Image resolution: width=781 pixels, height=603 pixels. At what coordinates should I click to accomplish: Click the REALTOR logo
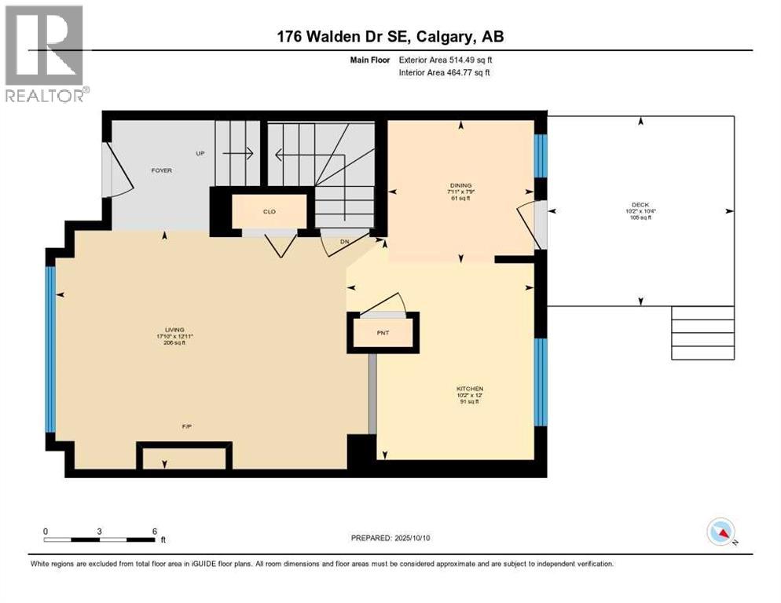tap(45, 53)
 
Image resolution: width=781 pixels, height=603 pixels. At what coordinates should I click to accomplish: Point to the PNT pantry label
tap(383, 333)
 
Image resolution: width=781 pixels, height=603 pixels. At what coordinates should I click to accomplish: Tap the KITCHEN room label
tap(470, 389)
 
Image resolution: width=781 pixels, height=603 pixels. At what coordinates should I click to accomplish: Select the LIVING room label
tap(174, 331)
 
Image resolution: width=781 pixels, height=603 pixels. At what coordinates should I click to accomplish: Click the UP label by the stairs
tap(200, 153)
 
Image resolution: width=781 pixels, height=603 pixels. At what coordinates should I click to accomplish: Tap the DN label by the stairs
tap(344, 242)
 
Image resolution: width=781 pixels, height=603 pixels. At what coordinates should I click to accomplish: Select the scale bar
tap(100, 539)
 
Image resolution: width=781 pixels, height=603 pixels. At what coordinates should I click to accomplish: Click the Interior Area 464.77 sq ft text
tap(445, 73)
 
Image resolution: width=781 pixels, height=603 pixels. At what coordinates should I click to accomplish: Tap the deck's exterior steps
tap(702, 333)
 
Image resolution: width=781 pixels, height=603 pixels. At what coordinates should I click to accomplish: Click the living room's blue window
tap(50, 349)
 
